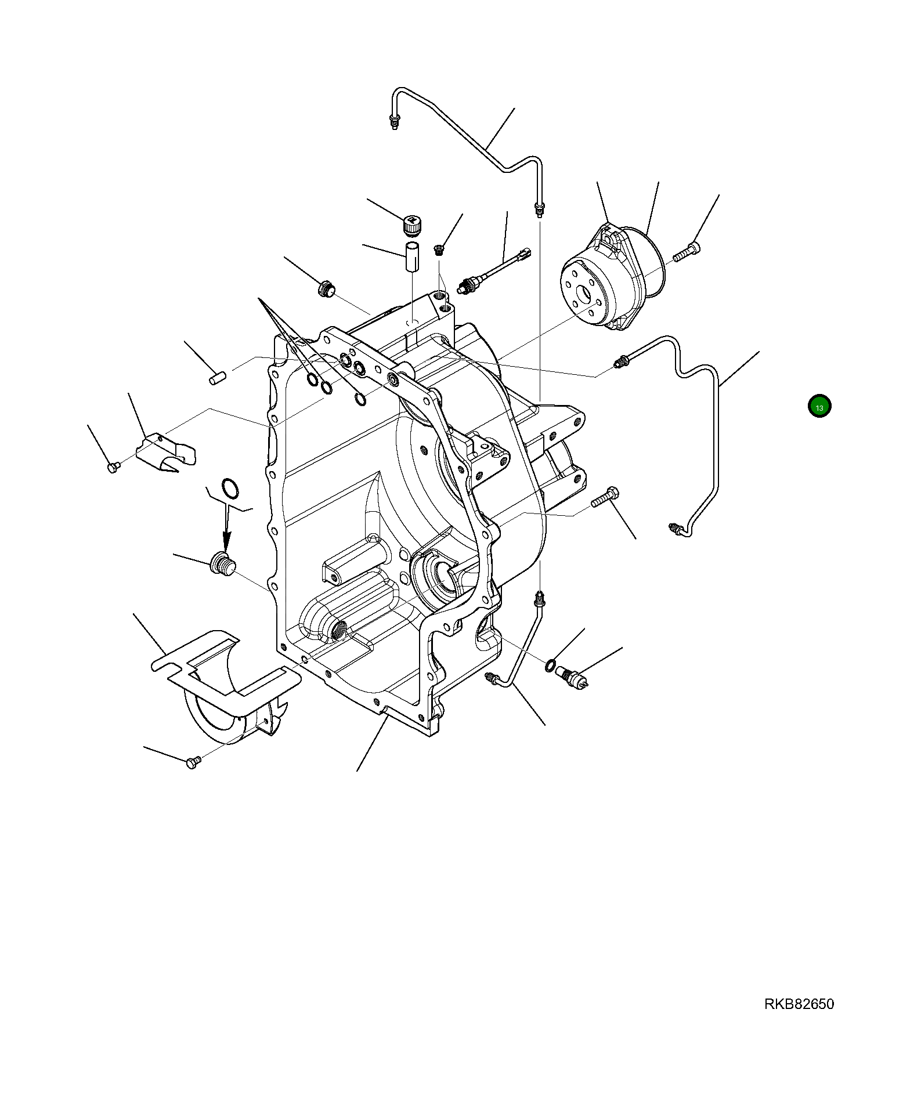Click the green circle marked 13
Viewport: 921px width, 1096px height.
(x=819, y=406)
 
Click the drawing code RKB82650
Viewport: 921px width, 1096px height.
(x=799, y=1004)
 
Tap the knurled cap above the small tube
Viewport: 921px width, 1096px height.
(x=411, y=226)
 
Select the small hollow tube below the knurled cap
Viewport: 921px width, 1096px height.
(x=411, y=258)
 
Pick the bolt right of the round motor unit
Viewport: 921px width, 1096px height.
(x=687, y=252)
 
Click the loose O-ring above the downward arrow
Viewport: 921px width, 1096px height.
(x=229, y=488)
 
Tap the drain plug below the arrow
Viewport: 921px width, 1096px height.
(x=222, y=564)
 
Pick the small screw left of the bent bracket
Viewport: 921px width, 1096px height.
(x=114, y=466)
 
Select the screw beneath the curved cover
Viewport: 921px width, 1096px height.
(x=193, y=762)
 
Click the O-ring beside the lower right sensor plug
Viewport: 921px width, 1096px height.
(x=550, y=665)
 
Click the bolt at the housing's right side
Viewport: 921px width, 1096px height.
(x=606, y=497)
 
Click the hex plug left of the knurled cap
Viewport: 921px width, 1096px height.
(x=326, y=288)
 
